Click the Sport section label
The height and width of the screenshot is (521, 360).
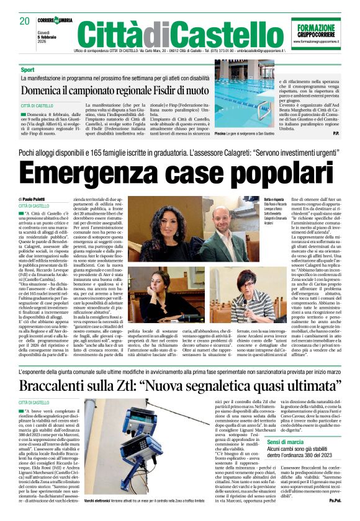point(27,70)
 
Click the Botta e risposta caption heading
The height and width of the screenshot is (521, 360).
point(274,198)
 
